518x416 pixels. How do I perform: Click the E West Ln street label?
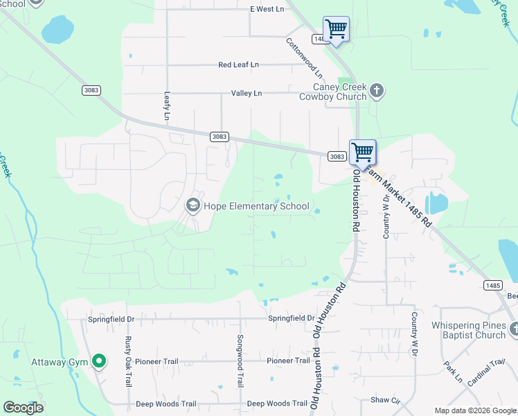point(267,9)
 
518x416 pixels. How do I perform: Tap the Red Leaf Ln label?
point(238,64)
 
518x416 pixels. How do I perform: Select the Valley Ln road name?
point(247,93)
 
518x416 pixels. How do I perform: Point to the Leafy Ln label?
point(167,106)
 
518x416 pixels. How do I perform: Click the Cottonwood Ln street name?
point(305,57)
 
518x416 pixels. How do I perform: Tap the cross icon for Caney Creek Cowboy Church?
point(377,90)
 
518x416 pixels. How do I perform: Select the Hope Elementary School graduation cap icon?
point(193,205)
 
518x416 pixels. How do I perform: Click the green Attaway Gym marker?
point(99,361)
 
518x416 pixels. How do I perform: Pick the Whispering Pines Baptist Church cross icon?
point(513,329)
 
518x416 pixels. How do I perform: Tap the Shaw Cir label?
point(386,400)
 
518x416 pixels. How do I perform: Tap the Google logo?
point(23,408)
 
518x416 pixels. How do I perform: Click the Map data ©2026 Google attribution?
point(474,410)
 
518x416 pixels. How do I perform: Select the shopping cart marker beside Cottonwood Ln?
point(336,29)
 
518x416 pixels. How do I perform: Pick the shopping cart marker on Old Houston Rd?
point(362,153)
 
